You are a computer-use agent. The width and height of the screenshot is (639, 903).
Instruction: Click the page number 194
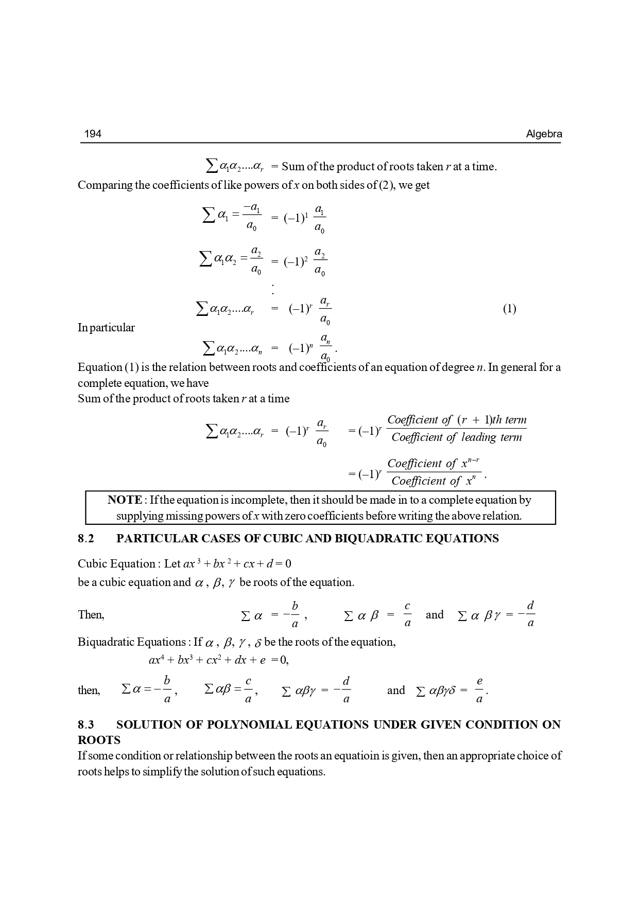click(x=93, y=134)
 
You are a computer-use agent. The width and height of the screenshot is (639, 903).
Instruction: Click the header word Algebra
click(x=544, y=134)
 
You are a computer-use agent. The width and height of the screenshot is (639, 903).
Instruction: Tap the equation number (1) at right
click(x=509, y=309)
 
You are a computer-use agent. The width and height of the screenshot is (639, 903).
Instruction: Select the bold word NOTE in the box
click(x=125, y=500)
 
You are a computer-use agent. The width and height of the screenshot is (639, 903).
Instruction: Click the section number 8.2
click(x=86, y=539)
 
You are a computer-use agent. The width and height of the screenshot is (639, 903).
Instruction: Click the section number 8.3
click(x=86, y=725)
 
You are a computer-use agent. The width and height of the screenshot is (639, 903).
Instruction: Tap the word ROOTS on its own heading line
click(x=99, y=740)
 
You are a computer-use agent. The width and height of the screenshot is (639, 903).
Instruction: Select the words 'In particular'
click(x=106, y=328)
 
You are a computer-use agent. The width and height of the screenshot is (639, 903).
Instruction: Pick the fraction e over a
click(x=479, y=690)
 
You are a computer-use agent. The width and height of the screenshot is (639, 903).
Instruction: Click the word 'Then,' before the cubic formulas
click(x=91, y=615)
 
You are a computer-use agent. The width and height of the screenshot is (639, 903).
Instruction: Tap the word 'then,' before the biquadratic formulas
click(x=89, y=690)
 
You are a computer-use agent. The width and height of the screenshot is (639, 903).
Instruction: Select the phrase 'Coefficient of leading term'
click(x=456, y=438)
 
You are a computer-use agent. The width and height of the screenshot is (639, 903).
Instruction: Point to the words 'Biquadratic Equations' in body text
click(x=131, y=642)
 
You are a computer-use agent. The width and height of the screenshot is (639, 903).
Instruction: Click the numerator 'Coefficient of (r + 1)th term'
click(x=456, y=420)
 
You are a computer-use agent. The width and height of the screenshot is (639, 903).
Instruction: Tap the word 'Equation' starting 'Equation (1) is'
click(x=99, y=367)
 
